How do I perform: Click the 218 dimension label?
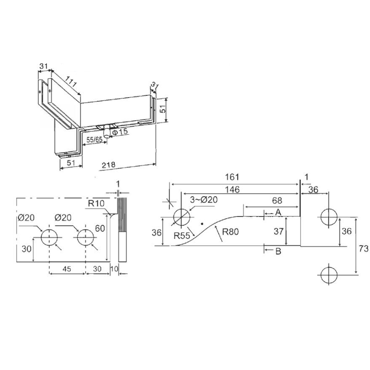click(x=109, y=165)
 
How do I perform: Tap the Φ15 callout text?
click(x=120, y=132)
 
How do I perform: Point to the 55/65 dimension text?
click(x=94, y=140)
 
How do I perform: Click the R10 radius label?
click(x=96, y=203)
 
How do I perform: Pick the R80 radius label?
click(x=230, y=232)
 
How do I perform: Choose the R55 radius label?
click(x=181, y=235)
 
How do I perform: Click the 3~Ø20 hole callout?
click(x=204, y=200)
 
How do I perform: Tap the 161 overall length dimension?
click(x=232, y=177)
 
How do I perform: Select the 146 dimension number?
click(x=233, y=190)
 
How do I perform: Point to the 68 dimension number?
click(x=277, y=201)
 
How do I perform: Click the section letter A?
click(x=278, y=212)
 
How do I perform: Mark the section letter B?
click(x=278, y=251)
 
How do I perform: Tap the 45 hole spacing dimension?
click(x=67, y=269)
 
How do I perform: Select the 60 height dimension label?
click(x=100, y=228)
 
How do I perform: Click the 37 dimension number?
click(x=278, y=232)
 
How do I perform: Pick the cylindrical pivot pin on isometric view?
click(x=107, y=131)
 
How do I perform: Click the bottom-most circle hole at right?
click(x=329, y=275)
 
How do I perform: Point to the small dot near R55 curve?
click(x=202, y=223)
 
